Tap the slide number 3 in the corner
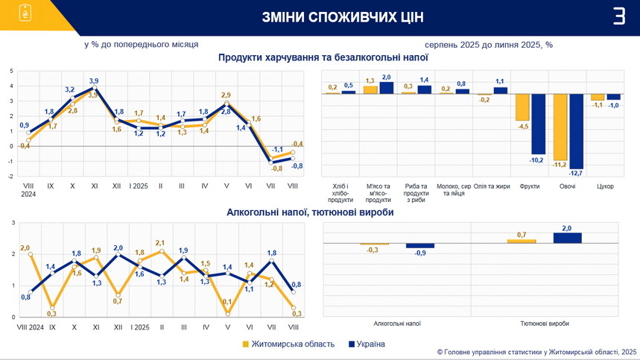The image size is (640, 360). click(618, 16)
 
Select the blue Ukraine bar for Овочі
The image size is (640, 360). click(576, 131)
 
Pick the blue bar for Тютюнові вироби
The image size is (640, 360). click(567, 238)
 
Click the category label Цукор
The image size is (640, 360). click(605, 186)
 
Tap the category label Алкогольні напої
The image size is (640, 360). click(397, 323)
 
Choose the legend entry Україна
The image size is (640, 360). click(366, 344)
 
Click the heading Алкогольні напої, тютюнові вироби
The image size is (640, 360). click(310, 212)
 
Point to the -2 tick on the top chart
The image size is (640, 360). click(11, 177)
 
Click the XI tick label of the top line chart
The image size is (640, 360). click(94, 186)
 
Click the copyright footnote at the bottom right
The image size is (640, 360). click(536, 352)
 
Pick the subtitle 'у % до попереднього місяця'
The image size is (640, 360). click(141, 44)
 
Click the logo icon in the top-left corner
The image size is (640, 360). click(25, 14)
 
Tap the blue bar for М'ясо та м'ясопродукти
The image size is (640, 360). click(386, 88)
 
